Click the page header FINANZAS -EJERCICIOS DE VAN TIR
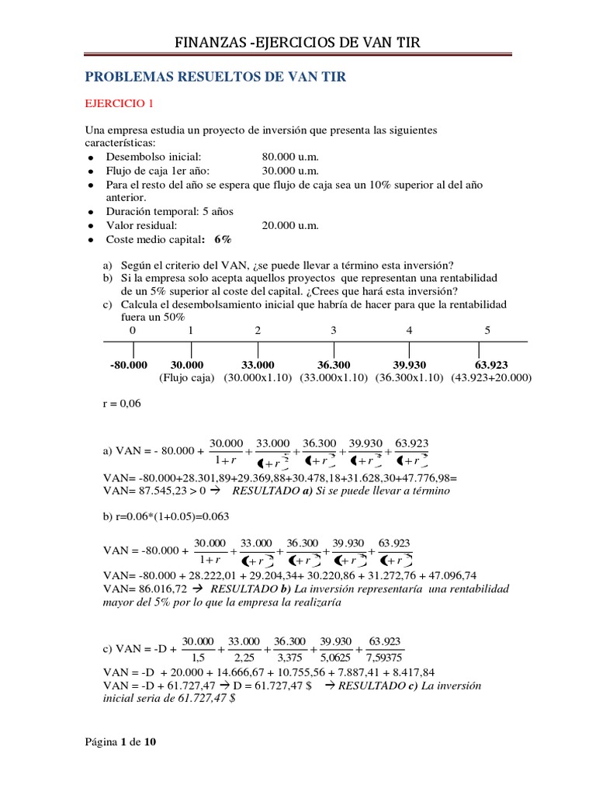(298, 42)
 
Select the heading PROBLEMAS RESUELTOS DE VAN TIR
(214, 77)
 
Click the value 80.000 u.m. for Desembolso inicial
(290, 157)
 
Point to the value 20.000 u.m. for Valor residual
(290, 225)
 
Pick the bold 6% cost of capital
(223, 239)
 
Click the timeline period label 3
(333, 331)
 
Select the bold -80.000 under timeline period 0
(129, 365)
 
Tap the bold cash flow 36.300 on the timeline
(334, 365)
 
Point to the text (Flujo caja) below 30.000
(186, 378)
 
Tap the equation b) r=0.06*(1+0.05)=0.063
(166, 516)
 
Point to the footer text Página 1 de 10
(120, 742)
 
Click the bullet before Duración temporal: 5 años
(92, 212)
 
